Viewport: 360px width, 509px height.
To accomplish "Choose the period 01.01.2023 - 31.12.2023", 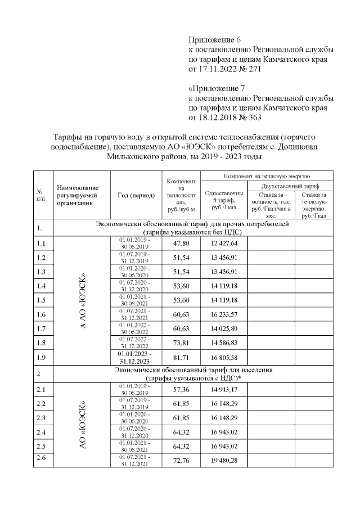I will [134, 357].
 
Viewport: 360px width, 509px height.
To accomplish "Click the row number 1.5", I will [41, 300].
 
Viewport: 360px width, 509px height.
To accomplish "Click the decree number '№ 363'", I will [250, 118].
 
